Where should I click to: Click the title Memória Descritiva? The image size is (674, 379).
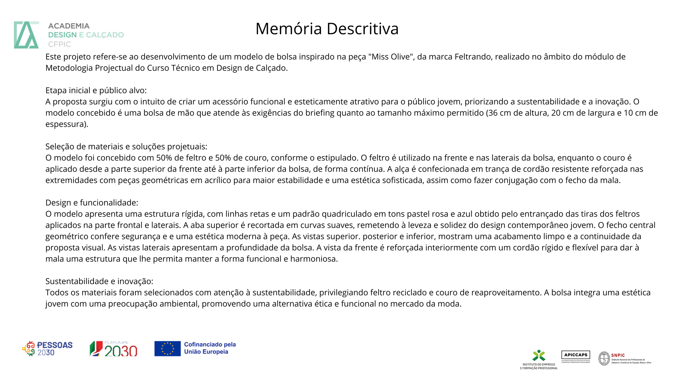[327, 29]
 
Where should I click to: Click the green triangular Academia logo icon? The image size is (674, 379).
[26, 35]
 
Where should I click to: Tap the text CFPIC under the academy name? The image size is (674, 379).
[60, 44]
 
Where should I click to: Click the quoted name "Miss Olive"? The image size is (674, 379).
[390, 57]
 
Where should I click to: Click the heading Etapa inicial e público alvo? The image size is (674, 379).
[96, 90]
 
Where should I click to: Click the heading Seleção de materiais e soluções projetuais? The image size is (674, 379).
[126, 147]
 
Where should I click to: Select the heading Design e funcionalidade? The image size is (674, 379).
[92, 203]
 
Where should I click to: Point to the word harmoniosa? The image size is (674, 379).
[314, 259]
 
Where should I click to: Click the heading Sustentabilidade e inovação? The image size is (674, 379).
[99, 281]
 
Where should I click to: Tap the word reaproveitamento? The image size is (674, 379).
[506, 293]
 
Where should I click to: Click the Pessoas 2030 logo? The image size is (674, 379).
[48, 348]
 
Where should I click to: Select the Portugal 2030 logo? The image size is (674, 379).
[113, 349]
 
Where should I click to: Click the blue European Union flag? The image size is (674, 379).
[167, 348]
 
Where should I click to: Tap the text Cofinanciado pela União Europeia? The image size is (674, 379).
[210, 348]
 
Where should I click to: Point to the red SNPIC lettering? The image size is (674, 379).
[618, 355]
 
